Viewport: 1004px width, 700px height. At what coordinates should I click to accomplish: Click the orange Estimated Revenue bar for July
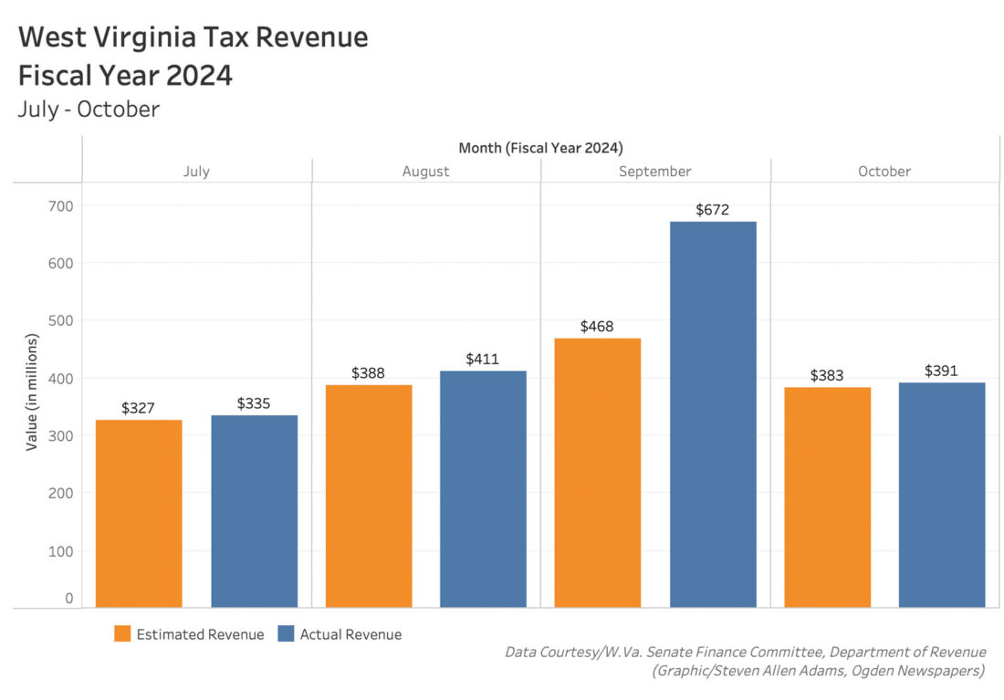[x=139, y=513]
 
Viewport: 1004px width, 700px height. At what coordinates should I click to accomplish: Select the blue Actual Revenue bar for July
[x=254, y=510]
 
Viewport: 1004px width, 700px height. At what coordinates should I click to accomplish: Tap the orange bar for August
[x=368, y=496]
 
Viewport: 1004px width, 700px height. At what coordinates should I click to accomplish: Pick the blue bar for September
[x=713, y=413]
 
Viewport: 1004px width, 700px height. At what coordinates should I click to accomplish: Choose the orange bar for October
[x=827, y=496]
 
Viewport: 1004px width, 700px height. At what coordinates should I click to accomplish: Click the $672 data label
[x=713, y=210]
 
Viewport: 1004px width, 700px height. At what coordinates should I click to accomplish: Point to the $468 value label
[x=598, y=327]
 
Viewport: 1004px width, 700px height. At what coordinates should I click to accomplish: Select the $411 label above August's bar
[x=483, y=360]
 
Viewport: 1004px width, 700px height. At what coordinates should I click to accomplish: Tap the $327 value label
[x=139, y=408]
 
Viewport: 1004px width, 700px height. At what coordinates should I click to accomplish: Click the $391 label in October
[x=942, y=371]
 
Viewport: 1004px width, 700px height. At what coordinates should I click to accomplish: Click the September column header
[x=655, y=172]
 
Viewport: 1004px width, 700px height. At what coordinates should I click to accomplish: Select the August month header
[x=425, y=172]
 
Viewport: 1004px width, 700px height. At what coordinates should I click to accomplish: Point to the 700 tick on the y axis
[x=61, y=206]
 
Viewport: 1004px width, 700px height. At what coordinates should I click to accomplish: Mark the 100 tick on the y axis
[x=61, y=551]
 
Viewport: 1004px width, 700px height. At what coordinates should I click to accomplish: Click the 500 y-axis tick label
[x=61, y=321]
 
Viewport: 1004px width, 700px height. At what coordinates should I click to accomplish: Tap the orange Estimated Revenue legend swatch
[x=122, y=634]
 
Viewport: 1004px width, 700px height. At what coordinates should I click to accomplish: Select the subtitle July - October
[x=89, y=110]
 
